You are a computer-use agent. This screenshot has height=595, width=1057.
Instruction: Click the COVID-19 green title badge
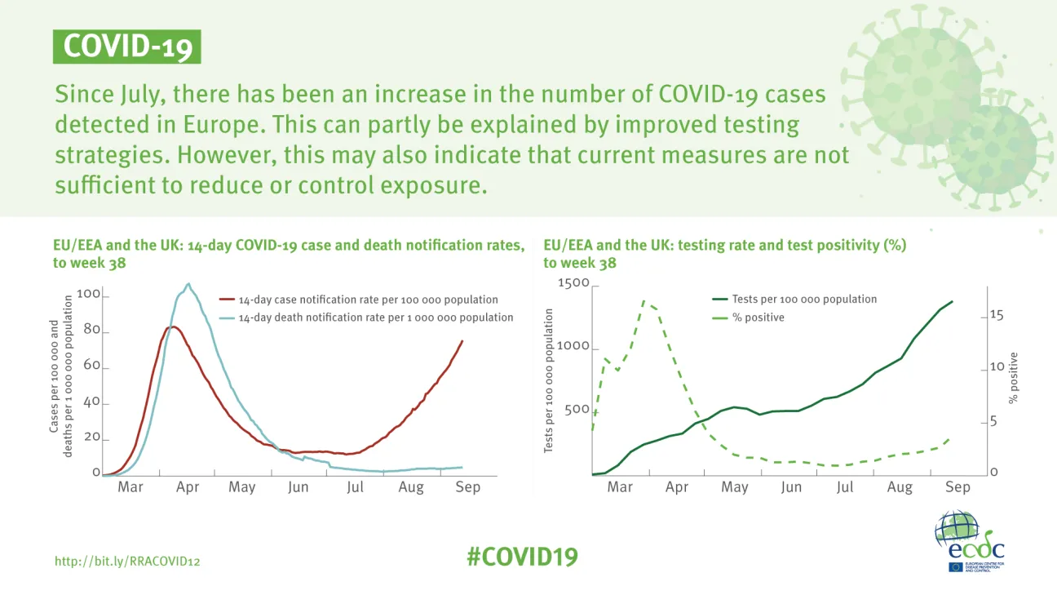pyautogui.click(x=126, y=47)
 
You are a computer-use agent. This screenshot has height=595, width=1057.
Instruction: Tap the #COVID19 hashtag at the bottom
pyautogui.click(x=522, y=557)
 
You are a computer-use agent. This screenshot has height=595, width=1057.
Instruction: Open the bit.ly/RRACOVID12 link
pyautogui.click(x=127, y=562)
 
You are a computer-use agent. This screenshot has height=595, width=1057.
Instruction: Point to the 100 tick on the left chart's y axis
pyautogui.click(x=89, y=294)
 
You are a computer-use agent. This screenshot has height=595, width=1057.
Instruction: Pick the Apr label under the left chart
pyautogui.click(x=188, y=487)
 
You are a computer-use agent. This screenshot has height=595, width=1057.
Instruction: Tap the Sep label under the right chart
pyautogui.click(x=957, y=487)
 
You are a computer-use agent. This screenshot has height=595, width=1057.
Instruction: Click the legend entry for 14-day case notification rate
pyautogui.click(x=368, y=300)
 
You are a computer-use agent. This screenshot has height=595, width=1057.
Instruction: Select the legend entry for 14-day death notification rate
pyautogui.click(x=375, y=317)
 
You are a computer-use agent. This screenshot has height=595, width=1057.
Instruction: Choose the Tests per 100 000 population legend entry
pyautogui.click(x=804, y=300)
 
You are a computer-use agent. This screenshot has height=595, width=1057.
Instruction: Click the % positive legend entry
pyautogui.click(x=758, y=317)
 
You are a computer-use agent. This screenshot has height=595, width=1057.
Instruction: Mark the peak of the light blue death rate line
pyautogui.click(x=188, y=284)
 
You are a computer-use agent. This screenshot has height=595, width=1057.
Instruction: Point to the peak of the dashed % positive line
pyautogui.click(x=644, y=300)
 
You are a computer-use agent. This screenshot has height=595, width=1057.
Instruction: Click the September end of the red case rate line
pyautogui.click(x=462, y=341)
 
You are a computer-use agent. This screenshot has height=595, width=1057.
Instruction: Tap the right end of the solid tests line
pyautogui.click(x=952, y=302)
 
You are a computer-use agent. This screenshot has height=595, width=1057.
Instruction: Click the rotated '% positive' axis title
pyautogui.click(x=1014, y=378)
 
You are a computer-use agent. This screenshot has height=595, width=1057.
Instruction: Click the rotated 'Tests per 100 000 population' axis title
pyautogui.click(x=550, y=380)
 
